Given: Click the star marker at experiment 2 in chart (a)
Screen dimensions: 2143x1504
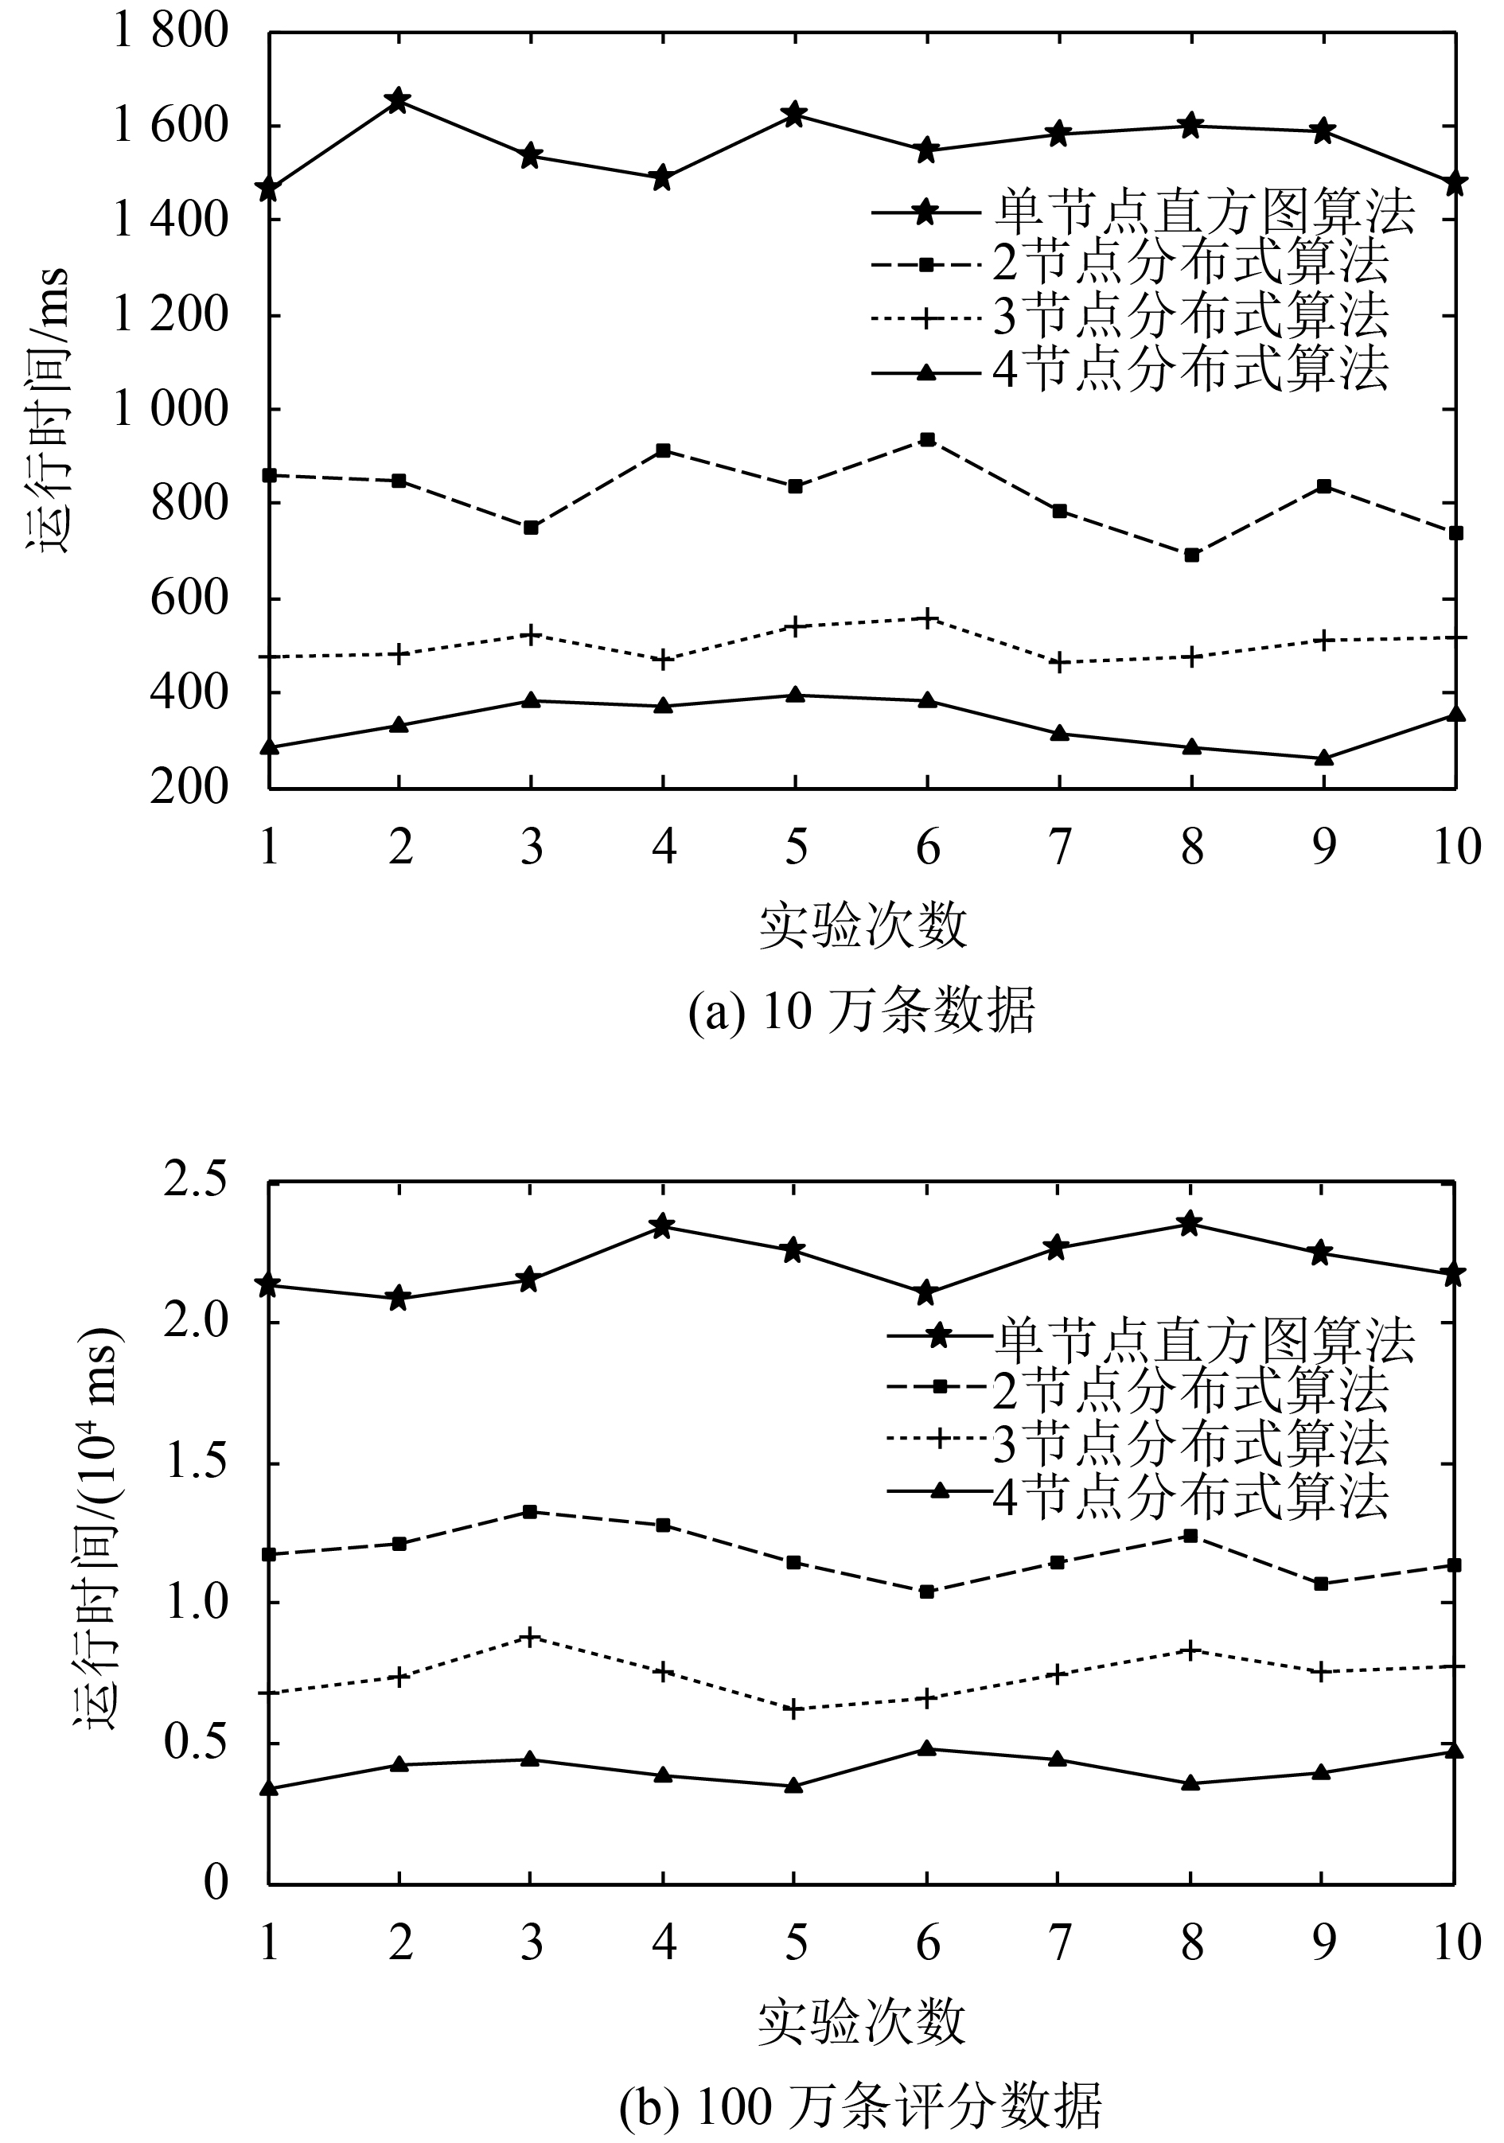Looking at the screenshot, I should (x=399, y=100).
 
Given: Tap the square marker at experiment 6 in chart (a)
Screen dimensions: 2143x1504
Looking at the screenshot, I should (x=927, y=439).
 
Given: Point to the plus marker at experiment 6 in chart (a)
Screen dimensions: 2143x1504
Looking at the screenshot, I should (x=927, y=618).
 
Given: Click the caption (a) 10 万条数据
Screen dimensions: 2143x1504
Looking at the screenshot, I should (x=861, y=1011).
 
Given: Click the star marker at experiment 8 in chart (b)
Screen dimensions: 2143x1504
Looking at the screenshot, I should (x=1190, y=1223).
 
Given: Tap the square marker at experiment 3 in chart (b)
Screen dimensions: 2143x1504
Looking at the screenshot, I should (x=530, y=1512).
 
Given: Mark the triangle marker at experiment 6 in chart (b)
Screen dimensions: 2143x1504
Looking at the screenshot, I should (x=927, y=1748).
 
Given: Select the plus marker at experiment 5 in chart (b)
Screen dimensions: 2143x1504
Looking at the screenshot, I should (x=794, y=1710).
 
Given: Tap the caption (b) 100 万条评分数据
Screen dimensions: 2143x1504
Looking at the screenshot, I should (x=861, y=2102).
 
